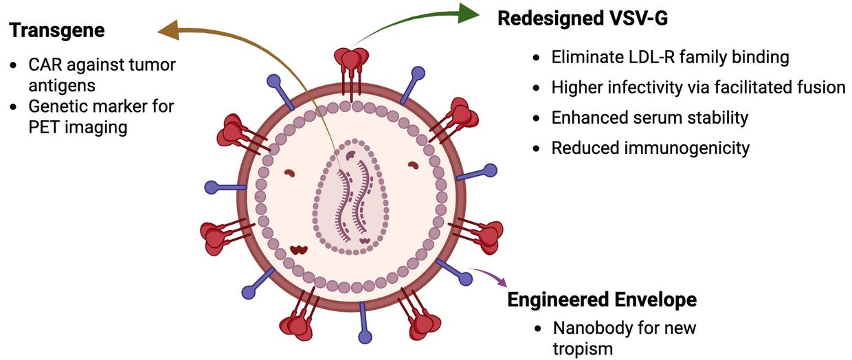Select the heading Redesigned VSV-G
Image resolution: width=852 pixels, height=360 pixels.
[582, 19]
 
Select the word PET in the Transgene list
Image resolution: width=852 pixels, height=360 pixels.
[45, 127]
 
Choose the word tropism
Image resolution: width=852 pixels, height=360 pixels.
[581, 348]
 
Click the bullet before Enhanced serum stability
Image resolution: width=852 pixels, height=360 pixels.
[537, 118]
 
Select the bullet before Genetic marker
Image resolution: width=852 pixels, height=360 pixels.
[14, 107]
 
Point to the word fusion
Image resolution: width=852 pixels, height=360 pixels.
[822, 87]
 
